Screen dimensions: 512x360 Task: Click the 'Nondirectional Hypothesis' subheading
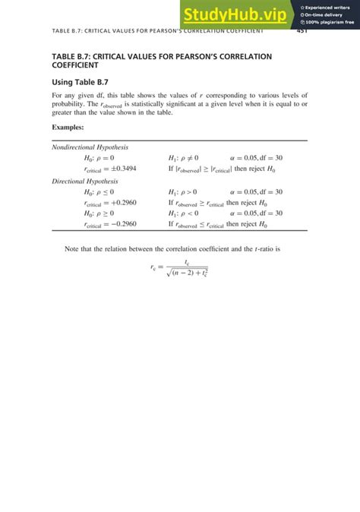point(90,147)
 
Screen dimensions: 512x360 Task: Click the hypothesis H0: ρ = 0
point(99,158)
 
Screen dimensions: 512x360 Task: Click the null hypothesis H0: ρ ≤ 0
point(99,193)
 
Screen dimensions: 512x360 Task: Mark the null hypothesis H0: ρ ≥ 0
point(99,214)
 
